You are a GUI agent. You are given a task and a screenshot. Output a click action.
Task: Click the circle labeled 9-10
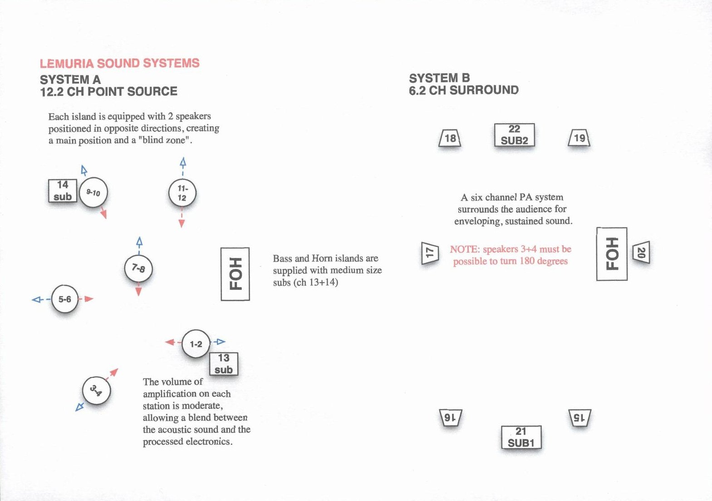93,193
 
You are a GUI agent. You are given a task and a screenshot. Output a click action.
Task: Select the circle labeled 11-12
182,193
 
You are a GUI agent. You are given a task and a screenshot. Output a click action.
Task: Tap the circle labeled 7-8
138,268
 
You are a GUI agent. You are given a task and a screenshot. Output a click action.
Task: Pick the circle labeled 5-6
65,299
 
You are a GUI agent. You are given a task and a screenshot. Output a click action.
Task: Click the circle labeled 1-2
196,344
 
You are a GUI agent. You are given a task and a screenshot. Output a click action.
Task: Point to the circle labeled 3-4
96,391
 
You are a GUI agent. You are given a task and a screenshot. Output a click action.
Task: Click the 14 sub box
63,191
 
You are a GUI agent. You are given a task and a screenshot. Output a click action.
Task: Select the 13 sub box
224,364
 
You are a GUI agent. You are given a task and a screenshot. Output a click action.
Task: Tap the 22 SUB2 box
514,135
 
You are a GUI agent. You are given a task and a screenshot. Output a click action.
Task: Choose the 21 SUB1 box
521,437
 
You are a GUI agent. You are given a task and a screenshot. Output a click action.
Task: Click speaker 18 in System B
450,138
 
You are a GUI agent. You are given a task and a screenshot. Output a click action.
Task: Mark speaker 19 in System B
579,138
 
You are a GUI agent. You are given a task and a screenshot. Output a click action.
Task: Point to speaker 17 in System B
430,253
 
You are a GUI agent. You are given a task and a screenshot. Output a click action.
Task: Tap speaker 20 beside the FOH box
641,253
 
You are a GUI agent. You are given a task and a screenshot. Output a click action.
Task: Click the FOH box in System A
235,274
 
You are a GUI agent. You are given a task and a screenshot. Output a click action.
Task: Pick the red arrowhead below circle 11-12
182,223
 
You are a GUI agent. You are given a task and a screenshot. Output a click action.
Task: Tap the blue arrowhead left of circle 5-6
36,299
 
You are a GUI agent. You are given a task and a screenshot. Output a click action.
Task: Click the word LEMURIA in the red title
67,63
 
